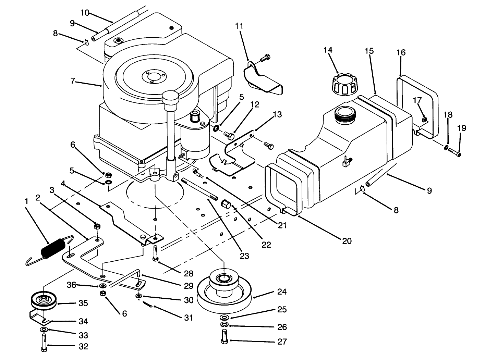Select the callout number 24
(282, 292)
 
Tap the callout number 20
(347, 241)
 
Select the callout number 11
(239, 26)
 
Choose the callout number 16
(401, 52)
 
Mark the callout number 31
(188, 318)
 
